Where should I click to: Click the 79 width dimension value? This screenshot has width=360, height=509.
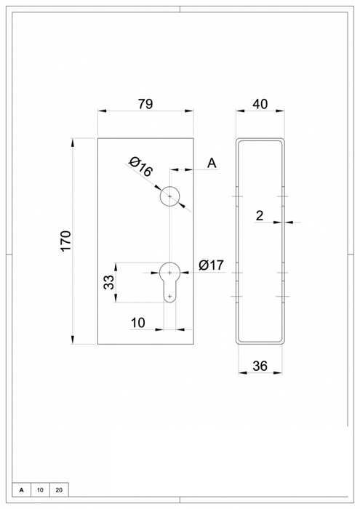pyautogui.click(x=145, y=104)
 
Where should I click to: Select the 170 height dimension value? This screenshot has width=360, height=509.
pyautogui.click(x=66, y=241)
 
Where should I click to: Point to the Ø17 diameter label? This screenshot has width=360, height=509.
pyautogui.click(x=210, y=265)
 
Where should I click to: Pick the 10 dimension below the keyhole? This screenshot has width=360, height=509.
pyautogui.click(x=138, y=322)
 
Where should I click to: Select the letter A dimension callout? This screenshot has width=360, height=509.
pyautogui.click(x=212, y=163)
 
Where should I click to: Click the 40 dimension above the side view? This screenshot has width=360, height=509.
pyautogui.click(x=260, y=104)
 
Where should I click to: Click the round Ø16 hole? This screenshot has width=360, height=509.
pyautogui.click(x=169, y=196)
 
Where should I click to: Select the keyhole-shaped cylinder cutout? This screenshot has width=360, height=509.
pyautogui.click(x=169, y=281)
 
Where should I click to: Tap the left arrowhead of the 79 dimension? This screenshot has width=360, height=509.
pyautogui.click(x=102, y=111)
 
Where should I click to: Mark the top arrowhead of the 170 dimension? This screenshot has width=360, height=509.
pyautogui.click(x=73, y=140)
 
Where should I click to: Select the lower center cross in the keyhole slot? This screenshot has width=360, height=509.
pyautogui.click(x=169, y=295)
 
